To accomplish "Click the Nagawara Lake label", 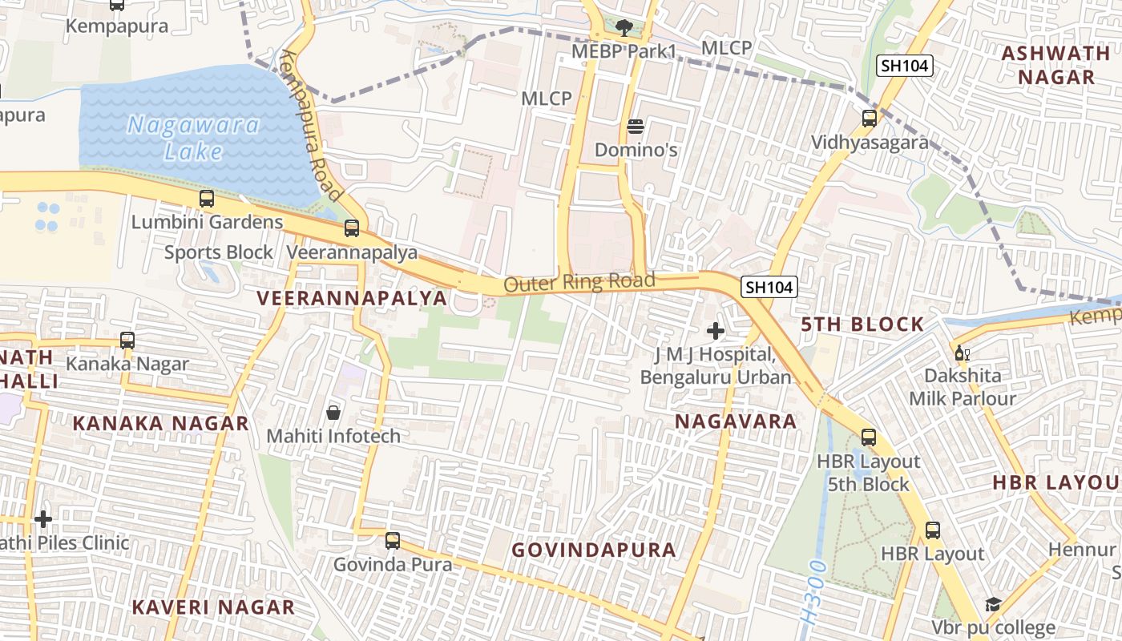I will pyautogui.click(x=194, y=138).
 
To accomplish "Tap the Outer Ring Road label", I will pyautogui.click(x=579, y=282).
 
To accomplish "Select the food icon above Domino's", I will pyautogui.click(x=636, y=126).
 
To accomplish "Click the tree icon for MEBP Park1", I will pyautogui.click(x=624, y=28).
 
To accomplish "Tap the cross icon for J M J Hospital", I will pyautogui.click(x=716, y=330).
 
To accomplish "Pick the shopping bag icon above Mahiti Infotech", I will pyautogui.click(x=333, y=413).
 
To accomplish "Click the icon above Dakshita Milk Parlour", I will pyautogui.click(x=962, y=353).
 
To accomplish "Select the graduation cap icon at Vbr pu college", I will pyautogui.click(x=994, y=605).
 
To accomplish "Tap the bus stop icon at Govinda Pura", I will pyautogui.click(x=393, y=541).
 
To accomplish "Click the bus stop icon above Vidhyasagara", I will pyautogui.click(x=870, y=119).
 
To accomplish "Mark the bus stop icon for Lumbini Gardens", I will pyautogui.click(x=207, y=198).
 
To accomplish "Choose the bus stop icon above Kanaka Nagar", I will pyautogui.click(x=127, y=340).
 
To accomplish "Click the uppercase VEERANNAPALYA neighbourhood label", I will pyautogui.click(x=352, y=298).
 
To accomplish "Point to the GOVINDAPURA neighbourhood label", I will pyautogui.click(x=594, y=550).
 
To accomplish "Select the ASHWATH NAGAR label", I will pyautogui.click(x=1048, y=65).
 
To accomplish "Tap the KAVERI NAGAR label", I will pyautogui.click(x=213, y=607).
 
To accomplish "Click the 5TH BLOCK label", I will pyautogui.click(x=862, y=325).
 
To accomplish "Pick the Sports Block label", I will pyautogui.click(x=219, y=252).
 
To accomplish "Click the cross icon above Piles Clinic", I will pyautogui.click(x=43, y=519).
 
